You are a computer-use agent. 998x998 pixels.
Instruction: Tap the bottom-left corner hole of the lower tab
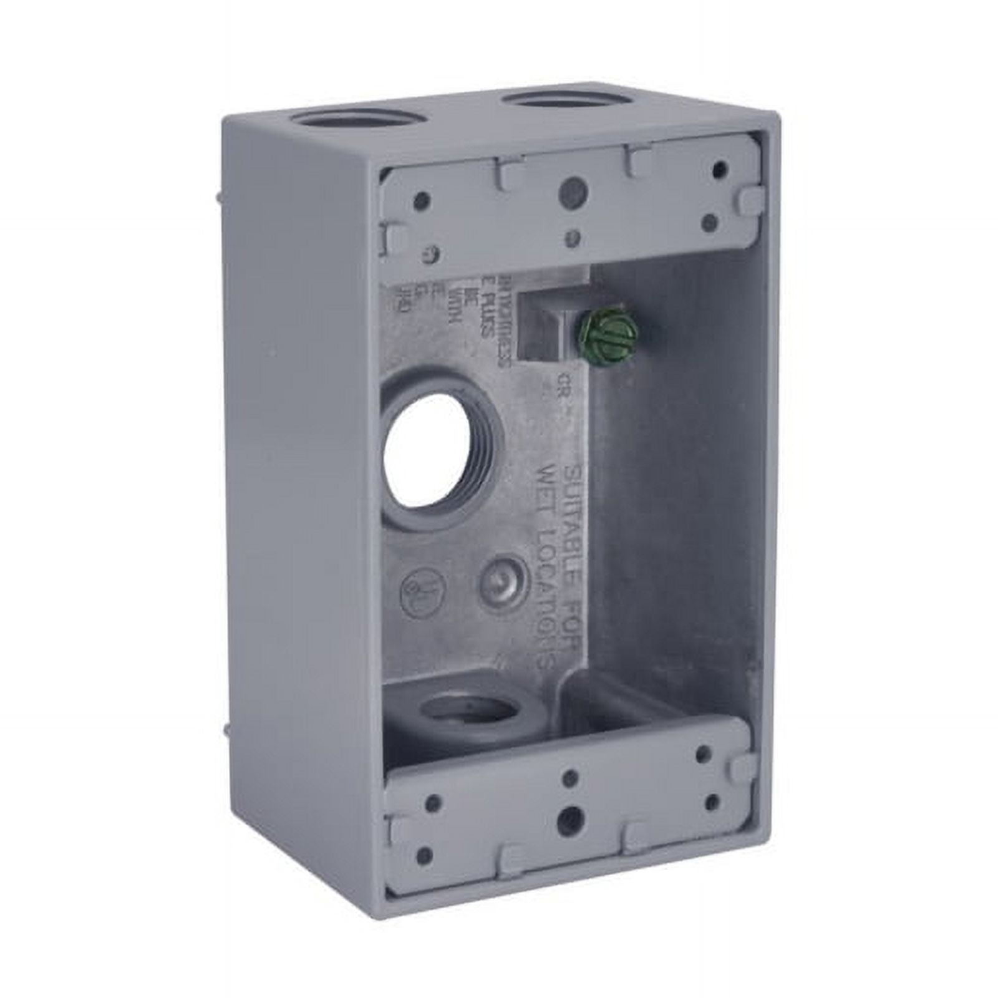click(x=424, y=856)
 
